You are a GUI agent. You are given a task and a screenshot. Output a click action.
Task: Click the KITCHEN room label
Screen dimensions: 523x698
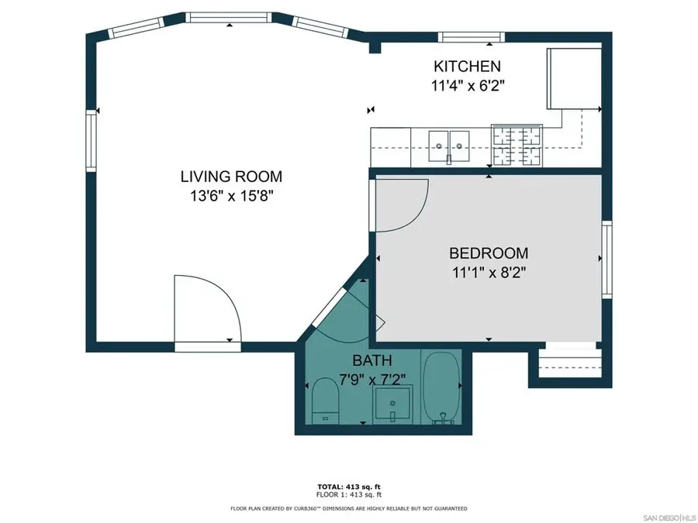coord(467,67)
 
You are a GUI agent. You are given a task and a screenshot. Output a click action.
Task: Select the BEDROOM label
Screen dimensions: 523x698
coord(489,253)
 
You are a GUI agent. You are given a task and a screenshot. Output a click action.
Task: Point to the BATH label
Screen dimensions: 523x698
coord(372,360)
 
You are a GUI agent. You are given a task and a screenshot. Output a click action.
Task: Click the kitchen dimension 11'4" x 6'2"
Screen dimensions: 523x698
coord(468,86)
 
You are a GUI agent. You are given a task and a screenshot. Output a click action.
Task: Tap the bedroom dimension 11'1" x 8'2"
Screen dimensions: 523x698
coord(489,273)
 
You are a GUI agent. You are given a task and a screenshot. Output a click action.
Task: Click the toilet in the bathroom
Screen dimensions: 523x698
coord(324,401)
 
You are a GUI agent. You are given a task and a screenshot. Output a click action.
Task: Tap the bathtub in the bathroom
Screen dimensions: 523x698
coord(441,387)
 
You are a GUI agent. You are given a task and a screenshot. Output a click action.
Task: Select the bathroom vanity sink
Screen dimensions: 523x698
coord(393,404)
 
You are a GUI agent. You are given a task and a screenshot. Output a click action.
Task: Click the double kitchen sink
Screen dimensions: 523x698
coord(450,144)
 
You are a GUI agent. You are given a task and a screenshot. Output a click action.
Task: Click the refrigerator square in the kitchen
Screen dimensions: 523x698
coord(574,78)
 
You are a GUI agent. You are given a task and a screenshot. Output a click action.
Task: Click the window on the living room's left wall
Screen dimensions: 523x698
coord(92,140)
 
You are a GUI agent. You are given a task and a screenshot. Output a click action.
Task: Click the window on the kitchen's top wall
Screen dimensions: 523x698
coord(472,36)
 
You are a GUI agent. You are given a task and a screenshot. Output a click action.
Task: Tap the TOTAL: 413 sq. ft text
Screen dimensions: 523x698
coord(348,486)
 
